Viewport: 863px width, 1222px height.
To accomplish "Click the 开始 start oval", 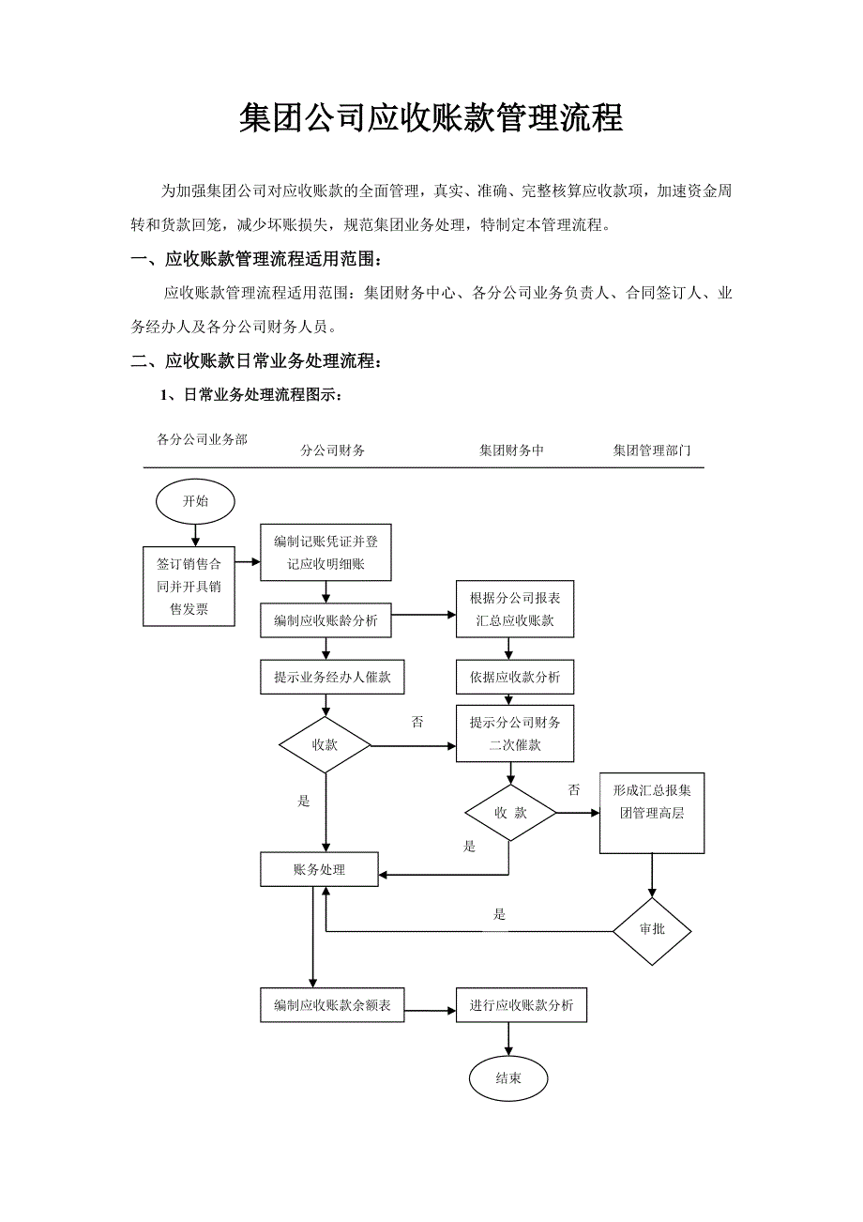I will [195, 501].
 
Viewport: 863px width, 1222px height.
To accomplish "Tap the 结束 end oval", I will [507, 1078].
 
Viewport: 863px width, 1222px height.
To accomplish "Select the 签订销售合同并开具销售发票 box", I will [189, 587].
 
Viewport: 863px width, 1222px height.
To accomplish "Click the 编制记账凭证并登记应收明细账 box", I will [326, 552].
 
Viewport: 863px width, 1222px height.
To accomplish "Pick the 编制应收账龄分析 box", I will [326, 620].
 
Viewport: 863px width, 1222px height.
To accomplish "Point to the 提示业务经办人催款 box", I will [332, 677].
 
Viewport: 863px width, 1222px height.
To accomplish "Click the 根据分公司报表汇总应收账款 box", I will [514, 608].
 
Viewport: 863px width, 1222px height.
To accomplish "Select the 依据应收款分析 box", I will [514, 677].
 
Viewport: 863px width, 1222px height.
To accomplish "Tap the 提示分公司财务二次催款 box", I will [514, 734].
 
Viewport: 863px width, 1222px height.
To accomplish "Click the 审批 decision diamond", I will [652, 929].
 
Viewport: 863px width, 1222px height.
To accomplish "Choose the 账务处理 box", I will [319, 869].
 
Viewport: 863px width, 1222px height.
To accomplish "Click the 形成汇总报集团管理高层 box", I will [652, 813].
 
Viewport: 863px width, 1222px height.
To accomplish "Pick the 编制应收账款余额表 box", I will [332, 1005].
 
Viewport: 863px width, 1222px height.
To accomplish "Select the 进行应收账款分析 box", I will [521, 1005].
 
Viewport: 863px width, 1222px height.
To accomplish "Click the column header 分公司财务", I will [333, 451].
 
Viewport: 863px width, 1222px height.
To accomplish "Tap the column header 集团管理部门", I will [652, 451].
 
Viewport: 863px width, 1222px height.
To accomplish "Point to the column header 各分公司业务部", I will [202, 438].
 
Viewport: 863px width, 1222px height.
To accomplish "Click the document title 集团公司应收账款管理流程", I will [431, 118].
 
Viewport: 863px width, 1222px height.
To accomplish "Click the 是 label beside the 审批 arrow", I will [500, 914].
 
